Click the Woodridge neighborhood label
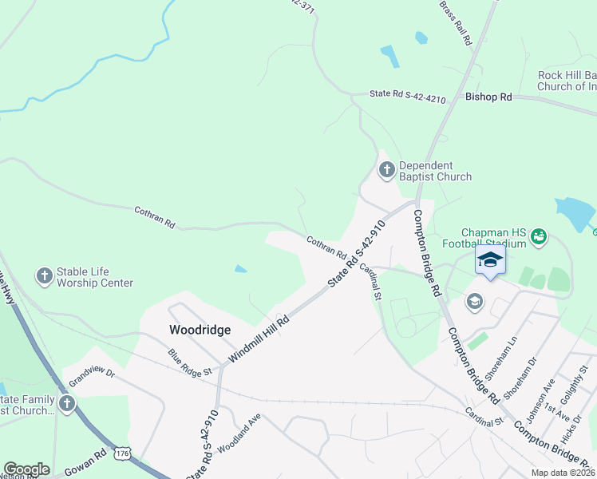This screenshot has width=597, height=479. tap(200, 330)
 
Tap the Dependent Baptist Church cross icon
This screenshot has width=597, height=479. tap(387, 169)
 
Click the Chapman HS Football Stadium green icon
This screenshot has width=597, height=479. tap(539, 236)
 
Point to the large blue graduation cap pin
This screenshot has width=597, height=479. tap(489, 259)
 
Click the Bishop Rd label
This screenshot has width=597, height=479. tap(488, 97)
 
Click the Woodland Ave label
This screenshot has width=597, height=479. tap(239, 432)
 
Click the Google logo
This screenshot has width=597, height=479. tap(26, 469)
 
